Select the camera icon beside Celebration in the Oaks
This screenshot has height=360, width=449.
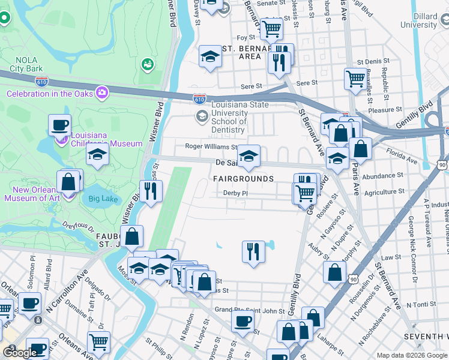click(x=101, y=92)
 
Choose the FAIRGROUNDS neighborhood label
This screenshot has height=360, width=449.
click(x=243, y=179)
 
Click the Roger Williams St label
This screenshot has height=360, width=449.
click(x=211, y=146)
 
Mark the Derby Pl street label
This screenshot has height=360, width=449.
click(x=235, y=193)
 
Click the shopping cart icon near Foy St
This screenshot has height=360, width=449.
click(x=271, y=27)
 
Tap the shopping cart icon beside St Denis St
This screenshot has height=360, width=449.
click(x=355, y=77)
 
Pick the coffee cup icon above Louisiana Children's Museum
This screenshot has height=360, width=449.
click(x=59, y=124)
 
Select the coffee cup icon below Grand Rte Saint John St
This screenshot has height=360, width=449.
click(x=243, y=321)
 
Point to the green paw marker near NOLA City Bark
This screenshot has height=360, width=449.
click(x=146, y=63)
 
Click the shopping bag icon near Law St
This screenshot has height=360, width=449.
click(x=334, y=271)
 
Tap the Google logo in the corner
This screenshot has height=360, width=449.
click(x=20, y=353)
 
